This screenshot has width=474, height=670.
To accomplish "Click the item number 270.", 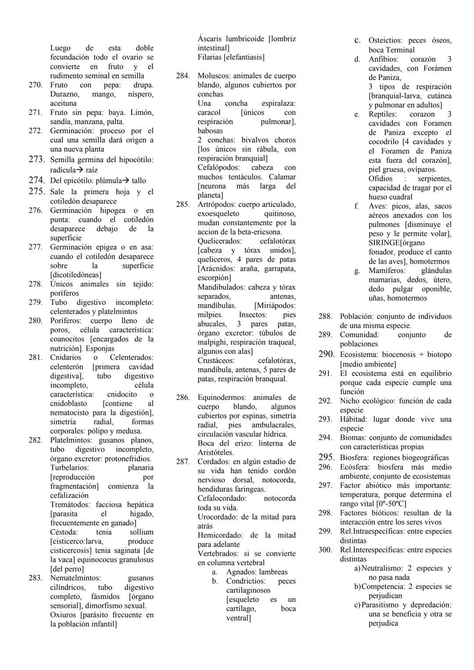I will pos(35,85).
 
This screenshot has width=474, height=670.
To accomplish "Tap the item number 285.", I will pos(183,204).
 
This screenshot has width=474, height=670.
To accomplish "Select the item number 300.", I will pos(325,550).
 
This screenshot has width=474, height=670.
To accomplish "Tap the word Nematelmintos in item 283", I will pos(75,578).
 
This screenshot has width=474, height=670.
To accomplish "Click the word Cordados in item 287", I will pos(213,461).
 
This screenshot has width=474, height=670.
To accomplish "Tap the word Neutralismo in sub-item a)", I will pos(382,568).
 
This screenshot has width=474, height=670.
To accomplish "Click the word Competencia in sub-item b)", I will pos(383,587).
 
